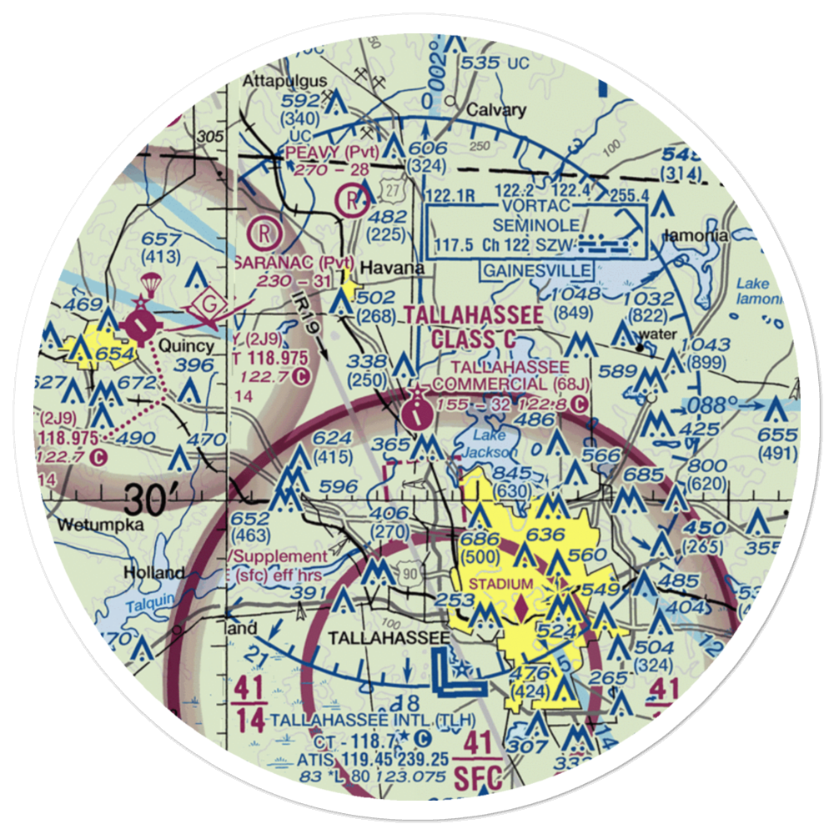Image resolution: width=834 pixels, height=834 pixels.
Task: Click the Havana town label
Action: [388, 269]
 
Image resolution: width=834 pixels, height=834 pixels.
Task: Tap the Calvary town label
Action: [496, 110]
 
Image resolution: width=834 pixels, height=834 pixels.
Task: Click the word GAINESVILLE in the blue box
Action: [537, 270]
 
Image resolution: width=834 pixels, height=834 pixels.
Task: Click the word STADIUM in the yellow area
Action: [500, 583]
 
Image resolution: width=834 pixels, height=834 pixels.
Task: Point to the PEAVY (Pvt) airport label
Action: [332, 153]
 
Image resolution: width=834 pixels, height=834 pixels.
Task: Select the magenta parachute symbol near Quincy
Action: [151, 284]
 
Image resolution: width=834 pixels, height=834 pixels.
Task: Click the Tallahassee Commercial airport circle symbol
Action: [415, 410]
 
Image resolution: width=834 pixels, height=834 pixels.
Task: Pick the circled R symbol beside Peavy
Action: [351, 199]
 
